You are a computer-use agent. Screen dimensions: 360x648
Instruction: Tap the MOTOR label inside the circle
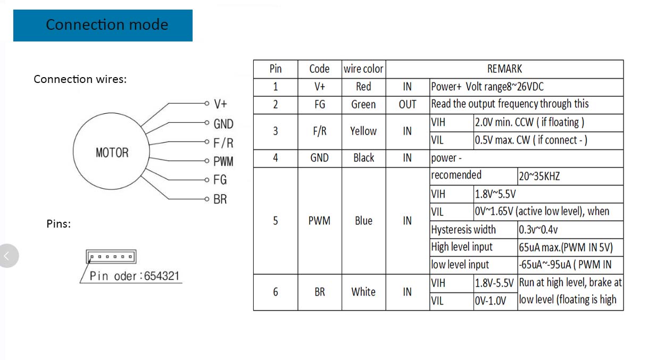[x=112, y=153]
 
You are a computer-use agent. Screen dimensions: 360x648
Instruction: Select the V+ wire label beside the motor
[x=220, y=104]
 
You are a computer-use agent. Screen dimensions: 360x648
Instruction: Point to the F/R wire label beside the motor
[x=223, y=143]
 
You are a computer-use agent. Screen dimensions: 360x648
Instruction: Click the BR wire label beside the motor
[x=220, y=199]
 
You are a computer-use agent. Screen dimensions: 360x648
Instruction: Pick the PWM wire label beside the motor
[x=223, y=161]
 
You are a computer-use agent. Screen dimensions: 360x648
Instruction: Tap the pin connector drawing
[x=111, y=257]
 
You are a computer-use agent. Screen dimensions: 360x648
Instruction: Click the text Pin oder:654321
[x=135, y=276]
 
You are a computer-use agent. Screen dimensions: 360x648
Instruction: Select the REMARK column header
[x=504, y=69]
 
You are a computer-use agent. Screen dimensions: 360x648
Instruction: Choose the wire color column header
[x=363, y=69]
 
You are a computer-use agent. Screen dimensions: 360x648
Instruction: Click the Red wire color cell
[x=363, y=87]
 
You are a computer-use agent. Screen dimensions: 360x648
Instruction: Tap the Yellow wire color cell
[x=363, y=131]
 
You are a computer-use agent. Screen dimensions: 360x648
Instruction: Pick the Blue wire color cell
[x=363, y=221]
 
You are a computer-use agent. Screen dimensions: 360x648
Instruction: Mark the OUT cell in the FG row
[x=407, y=105]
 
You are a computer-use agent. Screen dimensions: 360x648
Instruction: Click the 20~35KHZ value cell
[x=539, y=176]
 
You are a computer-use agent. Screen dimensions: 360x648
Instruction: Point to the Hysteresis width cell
[x=463, y=230]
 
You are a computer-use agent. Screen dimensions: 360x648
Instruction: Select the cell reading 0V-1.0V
[x=490, y=301]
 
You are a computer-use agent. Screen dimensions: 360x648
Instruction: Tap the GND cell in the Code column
[x=319, y=158]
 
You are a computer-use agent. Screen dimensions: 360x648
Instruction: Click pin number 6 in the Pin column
[x=275, y=292]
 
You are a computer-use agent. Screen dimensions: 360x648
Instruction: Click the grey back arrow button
[x=8, y=256]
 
